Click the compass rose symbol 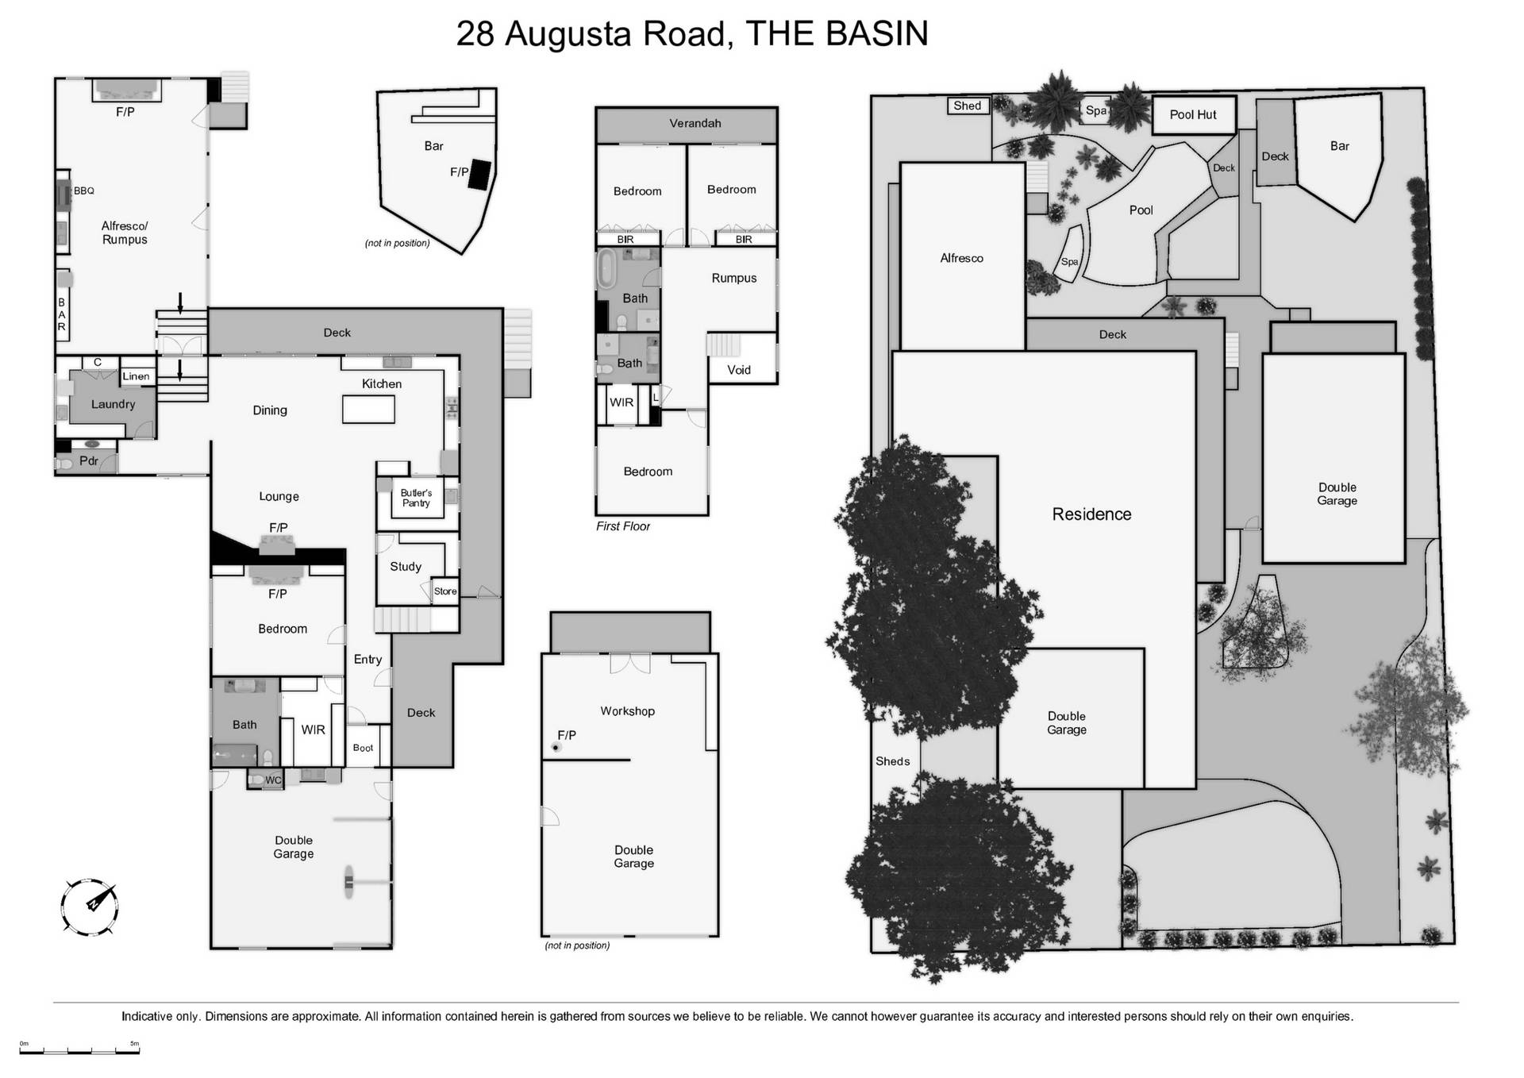[x=90, y=906]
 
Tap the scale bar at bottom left [x=79, y=1052]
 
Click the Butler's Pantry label [x=416, y=498]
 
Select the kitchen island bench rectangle [x=368, y=410]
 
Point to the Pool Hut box [x=1193, y=115]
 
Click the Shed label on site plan [x=967, y=106]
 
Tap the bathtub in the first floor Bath [x=607, y=270]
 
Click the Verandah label [x=695, y=123]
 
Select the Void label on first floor [x=738, y=370]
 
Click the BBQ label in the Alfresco [x=84, y=191]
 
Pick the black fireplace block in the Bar [x=479, y=175]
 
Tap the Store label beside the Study [x=445, y=591]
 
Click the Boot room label [x=363, y=748]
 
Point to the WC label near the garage [x=273, y=780]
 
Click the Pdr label [x=89, y=460]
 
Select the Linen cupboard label [x=136, y=376]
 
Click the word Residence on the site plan [x=1091, y=514]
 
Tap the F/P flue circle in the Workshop [x=556, y=747]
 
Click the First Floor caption [x=623, y=526]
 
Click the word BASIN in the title [x=877, y=33]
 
